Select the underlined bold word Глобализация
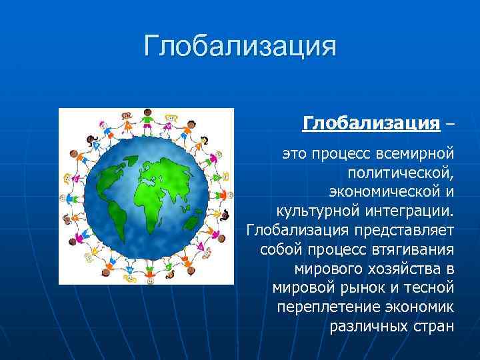371,123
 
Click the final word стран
433,327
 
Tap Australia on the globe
193,221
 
